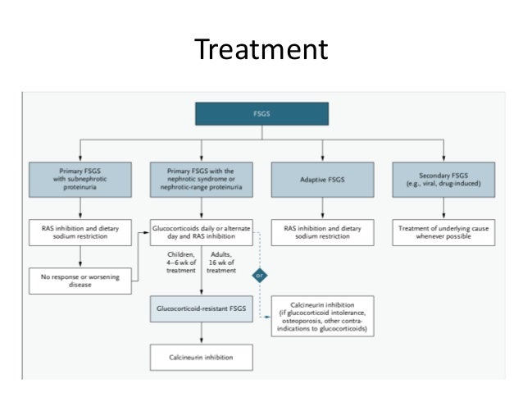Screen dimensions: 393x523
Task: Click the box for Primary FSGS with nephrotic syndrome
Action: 201,178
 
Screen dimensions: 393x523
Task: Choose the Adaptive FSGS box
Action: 321,178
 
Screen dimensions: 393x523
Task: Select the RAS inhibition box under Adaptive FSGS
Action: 321,232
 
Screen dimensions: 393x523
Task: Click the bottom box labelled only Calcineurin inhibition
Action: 201,357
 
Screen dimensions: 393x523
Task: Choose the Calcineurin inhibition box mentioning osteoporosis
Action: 321,316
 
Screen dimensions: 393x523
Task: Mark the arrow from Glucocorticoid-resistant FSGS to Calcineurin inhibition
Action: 201,335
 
